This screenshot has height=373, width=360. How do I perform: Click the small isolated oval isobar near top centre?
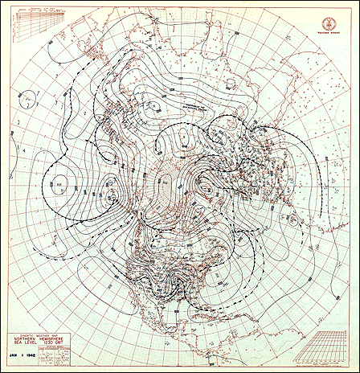[x=155, y=103]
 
